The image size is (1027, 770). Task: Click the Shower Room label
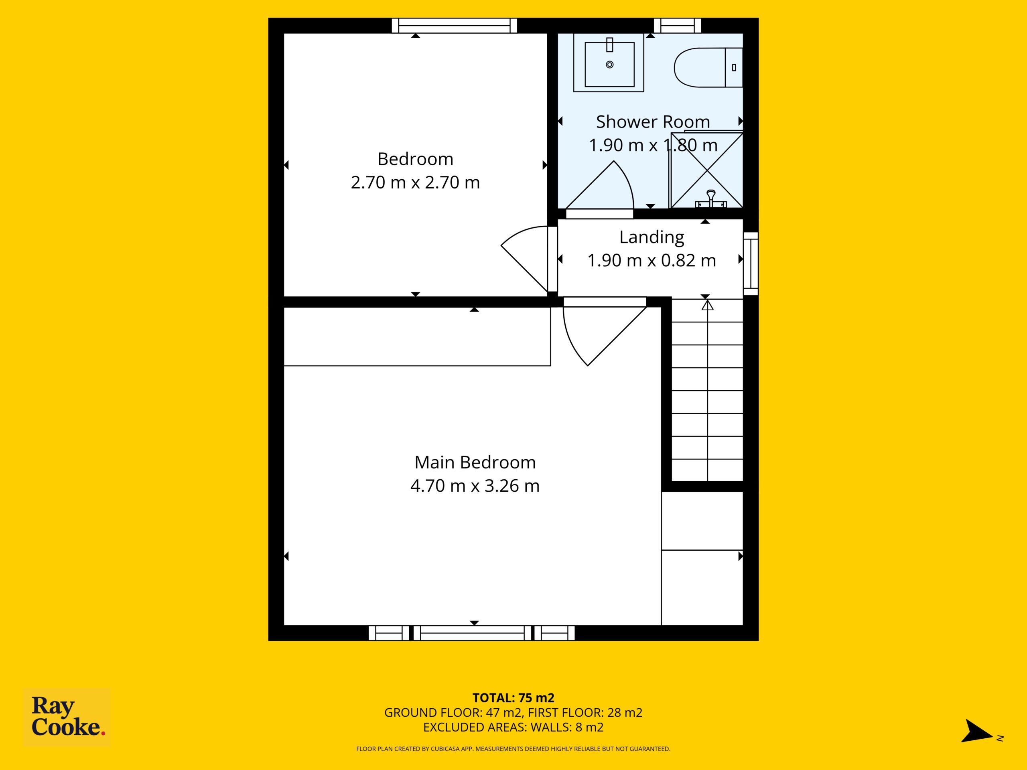coord(653,122)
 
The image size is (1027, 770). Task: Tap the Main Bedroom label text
coord(475,463)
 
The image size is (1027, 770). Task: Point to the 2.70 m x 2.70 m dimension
coord(415,182)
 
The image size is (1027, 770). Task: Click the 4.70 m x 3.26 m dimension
coord(475,486)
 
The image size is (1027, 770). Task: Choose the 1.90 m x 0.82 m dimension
coord(652,260)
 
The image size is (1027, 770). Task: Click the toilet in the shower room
coord(708,67)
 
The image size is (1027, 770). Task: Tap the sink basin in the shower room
coord(609,63)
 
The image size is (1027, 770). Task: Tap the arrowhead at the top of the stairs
coord(707,305)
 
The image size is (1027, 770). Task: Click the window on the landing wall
coord(751,263)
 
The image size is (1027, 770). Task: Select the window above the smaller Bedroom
coord(455,26)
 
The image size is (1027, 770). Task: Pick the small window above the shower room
coord(678,26)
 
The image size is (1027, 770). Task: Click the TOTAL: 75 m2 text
coord(513,698)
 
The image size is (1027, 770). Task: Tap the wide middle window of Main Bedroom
coord(472,633)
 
